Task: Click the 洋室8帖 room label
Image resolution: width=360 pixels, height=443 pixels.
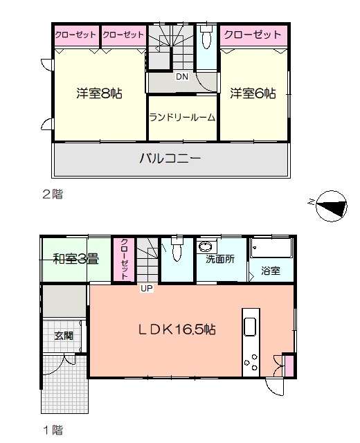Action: pyautogui.click(x=99, y=93)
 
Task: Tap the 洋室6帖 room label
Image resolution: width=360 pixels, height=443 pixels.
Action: pyautogui.click(x=253, y=93)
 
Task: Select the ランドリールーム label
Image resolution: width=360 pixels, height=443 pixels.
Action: pyautogui.click(x=182, y=117)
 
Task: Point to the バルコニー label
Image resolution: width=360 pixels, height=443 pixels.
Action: pyautogui.click(x=170, y=159)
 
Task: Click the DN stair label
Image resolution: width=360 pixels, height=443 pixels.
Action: pyautogui.click(x=182, y=77)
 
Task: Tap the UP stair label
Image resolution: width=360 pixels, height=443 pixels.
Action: pyautogui.click(x=147, y=289)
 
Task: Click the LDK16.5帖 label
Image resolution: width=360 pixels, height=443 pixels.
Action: pyautogui.click(x=177, y=329)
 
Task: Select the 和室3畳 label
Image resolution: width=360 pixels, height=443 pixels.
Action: pyautogui.click(x=76, y=259)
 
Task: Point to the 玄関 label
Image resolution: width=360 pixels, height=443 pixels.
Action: pyautogui.click(x=64, y=336)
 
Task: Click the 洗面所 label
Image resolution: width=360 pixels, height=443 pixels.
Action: pyautogui.click(x=220, y=259)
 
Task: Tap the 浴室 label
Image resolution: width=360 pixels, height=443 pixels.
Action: pyautogui.click(x=271, y=271)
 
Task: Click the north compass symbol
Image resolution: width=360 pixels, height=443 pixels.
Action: pyautogui.click(x=331, y=206)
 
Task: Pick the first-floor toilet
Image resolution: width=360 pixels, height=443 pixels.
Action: pyautogui.click(x=177, y=248)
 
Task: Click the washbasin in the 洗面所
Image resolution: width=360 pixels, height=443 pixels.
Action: pyautogui.click(x=205, y=246)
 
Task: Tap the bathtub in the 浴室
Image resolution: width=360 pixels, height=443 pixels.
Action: pyautogui.click(x=271, y=248)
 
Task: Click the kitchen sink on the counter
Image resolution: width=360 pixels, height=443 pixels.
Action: pyautogui.click(x=250, y=327)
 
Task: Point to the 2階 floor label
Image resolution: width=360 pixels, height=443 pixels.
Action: pyautogui.click(x=53, y=195)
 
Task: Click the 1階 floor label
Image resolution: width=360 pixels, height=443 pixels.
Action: pyautogui.click(x=53, y=431)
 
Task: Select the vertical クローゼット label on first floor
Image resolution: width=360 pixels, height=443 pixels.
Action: pyautogui.click(x=125, y=259)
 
